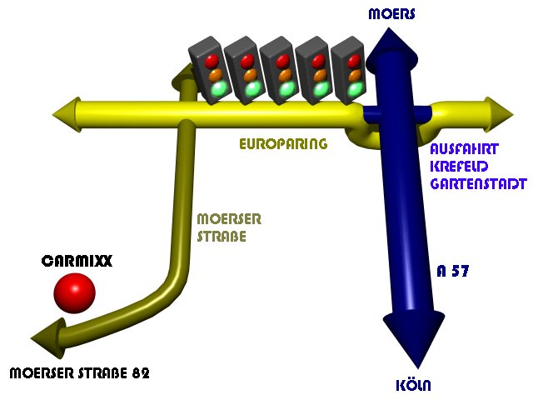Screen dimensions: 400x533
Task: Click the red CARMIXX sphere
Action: [75, 292]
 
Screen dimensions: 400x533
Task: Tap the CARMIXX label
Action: [76, 261]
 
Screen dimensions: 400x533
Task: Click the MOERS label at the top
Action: [391, 14]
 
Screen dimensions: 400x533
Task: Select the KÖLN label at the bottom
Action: [413, 385]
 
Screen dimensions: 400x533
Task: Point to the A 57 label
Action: [456, 271]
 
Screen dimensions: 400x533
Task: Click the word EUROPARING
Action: [283, 144]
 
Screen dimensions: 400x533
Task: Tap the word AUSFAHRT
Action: [465, 150]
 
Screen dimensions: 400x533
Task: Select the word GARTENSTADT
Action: [478, 182]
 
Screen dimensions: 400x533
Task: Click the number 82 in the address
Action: [140, 372]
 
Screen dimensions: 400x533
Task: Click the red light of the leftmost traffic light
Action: [211, 60]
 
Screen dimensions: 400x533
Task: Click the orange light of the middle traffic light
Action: [282, 74]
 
